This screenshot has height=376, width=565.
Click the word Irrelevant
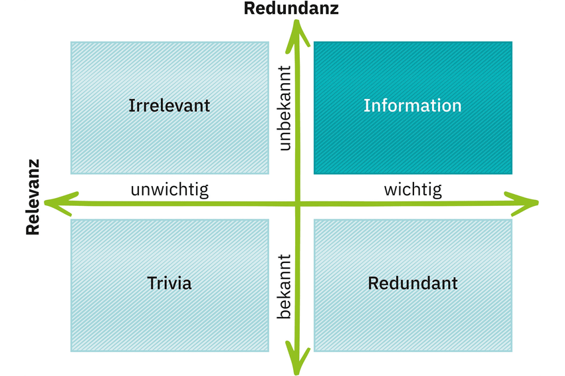[x=169, y=106]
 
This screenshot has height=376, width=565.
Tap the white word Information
[x=413, y=106]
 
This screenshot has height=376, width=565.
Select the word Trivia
[x=169, y=283]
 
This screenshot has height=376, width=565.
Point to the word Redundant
[x=413, y=283]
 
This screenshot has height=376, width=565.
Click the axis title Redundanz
[x=291, y=8]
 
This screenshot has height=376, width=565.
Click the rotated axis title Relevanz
[x=33, y=197]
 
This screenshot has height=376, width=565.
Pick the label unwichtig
[x=169, y=190]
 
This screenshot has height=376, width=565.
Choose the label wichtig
[x=413, y=190]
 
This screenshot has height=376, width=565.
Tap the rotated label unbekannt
[x=284, y=108]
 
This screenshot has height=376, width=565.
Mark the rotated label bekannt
[x=284, y=287]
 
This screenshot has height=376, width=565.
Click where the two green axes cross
[x=298, y=204]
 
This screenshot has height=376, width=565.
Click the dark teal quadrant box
[x=413, y=108]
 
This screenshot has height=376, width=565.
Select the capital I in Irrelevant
[x=132, y=106]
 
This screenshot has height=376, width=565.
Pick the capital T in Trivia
[x=153, y=283]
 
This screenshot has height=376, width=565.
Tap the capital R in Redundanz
[x=250, y=8]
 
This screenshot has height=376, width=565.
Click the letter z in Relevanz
[x=33, y=164]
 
